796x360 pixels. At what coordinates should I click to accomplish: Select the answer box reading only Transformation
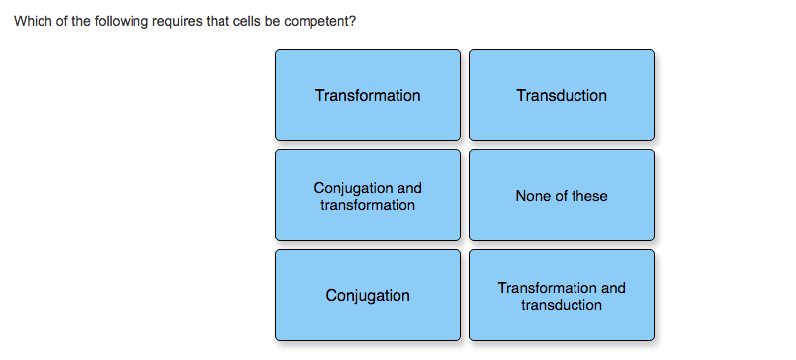pos(367,95)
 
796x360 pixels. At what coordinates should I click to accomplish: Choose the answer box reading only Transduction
pos(561,95)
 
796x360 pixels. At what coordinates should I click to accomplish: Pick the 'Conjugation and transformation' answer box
pos(367,196)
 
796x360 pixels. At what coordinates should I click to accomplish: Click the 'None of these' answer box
pos(561,196)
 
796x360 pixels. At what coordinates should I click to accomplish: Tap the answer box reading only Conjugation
pos(367,296)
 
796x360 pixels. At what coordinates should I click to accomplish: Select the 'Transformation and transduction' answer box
pos(561,296)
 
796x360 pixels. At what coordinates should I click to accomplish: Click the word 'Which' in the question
pos(31,22)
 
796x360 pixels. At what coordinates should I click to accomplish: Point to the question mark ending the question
pos(352,22)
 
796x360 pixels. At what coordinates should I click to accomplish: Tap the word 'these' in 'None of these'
pos(589,196)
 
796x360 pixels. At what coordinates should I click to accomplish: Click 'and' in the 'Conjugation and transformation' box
pos(409,188)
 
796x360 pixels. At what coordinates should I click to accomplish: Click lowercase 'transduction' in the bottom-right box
pos(561,305)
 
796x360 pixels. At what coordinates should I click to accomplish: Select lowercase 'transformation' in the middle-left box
pos(367,205)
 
